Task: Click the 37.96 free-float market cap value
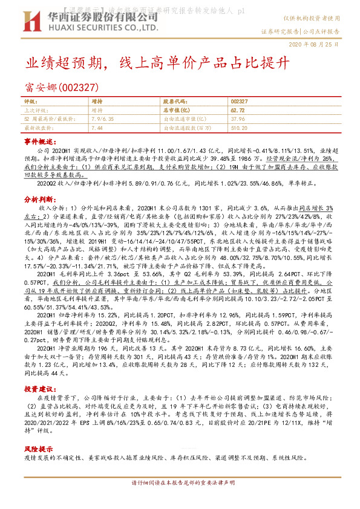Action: click(x=237, y=119)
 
